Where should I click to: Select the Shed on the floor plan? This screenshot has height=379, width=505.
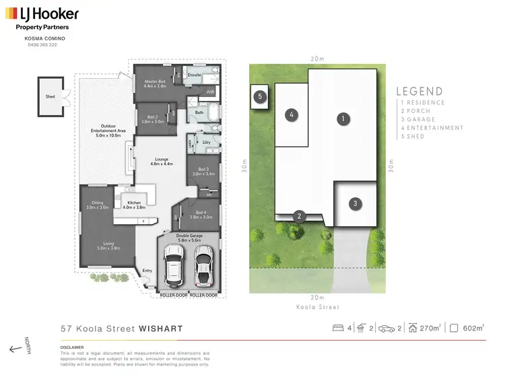[50, 96]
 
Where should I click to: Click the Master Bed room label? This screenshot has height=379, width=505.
[154, 83]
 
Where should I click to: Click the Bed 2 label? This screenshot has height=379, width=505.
[152, 119]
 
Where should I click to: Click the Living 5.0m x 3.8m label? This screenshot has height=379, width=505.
[106, 246]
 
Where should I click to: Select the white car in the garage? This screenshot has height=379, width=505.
[173, 264]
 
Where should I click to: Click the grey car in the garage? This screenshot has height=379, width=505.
[203, 264]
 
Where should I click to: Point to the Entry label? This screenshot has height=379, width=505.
[147, 271]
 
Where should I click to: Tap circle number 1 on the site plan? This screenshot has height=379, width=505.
[343, 118]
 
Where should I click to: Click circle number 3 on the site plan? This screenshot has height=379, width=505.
[355, 203]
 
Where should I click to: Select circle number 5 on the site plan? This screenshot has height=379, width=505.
[259, 96]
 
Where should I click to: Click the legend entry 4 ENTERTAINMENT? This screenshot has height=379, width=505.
[432, 127]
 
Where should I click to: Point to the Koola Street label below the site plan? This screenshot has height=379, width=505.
[316, 307]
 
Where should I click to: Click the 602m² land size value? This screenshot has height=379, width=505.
[474, 328]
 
